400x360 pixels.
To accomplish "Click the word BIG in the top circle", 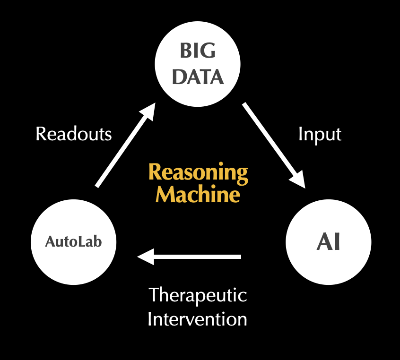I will click(x=198, y=51).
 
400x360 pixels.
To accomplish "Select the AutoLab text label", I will click(x=73, y=242).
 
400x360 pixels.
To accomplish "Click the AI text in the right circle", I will click(x=328, y=243).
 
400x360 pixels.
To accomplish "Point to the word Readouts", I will click(x=74, y=134).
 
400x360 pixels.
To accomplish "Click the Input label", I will click(x=320, y=135).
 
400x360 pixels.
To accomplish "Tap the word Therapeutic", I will click(x=198, y=296).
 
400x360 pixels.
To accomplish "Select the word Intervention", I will click(x=197, y=319).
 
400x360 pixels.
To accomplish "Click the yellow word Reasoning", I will click(x=198, y=173).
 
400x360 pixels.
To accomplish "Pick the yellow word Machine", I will click(x=198, y=194).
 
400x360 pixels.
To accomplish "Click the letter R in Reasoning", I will click(x=155, y=172).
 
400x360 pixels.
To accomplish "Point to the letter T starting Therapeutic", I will click(x=154, y=296).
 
